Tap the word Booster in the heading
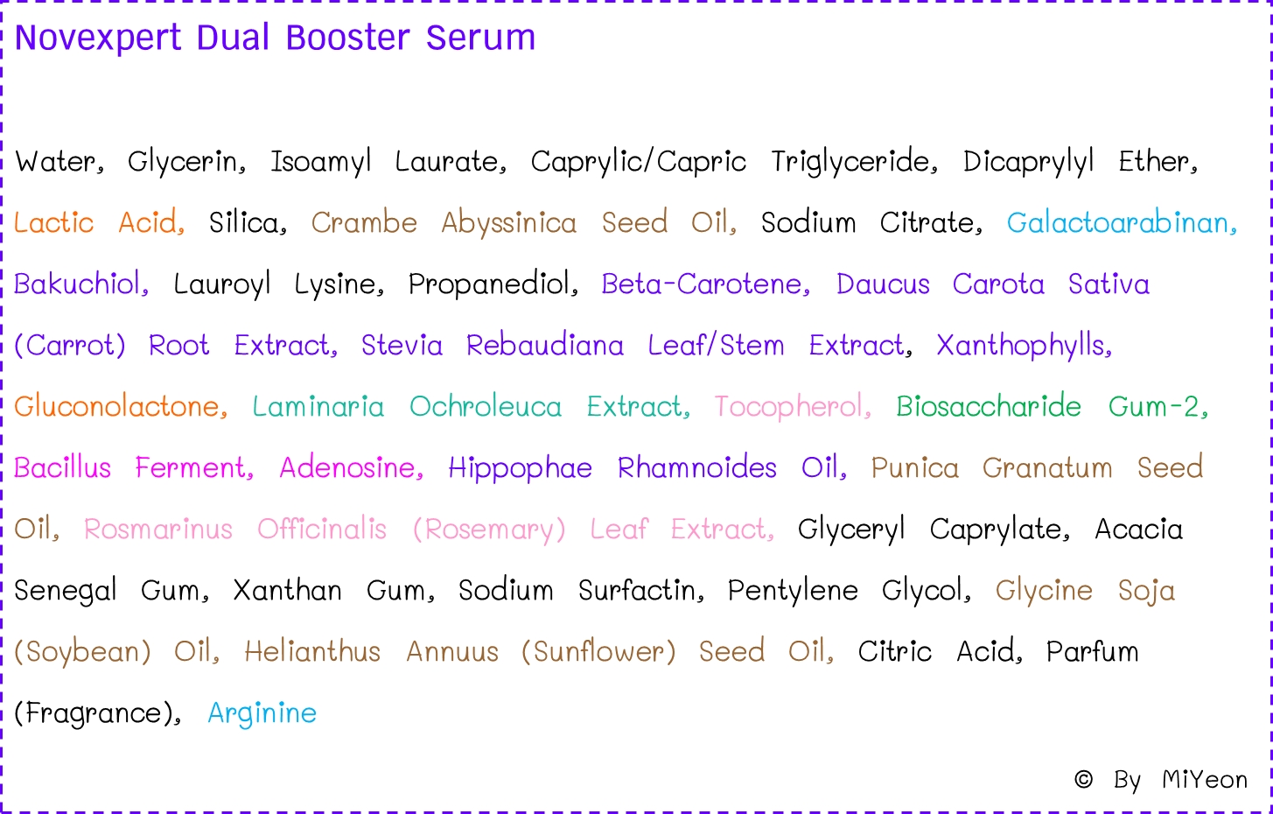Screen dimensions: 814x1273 (347, 39)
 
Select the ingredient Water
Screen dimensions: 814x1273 (59, 162)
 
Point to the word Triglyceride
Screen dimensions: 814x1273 (853, 162)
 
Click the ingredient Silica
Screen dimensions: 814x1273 (247, 223)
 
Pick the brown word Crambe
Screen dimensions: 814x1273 (364, 223)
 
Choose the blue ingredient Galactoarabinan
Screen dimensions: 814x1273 (1121, 223)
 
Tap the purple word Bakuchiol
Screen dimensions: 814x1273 (80, 284)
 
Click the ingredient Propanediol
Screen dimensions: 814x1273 (492, 284)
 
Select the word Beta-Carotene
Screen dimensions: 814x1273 (704, 284)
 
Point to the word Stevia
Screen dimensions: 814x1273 (402, 346)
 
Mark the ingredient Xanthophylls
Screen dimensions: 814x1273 (1023, 346)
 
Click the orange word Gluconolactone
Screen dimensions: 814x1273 (120, 407)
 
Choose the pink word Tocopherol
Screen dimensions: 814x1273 (791, 407)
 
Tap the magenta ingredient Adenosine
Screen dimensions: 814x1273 (351, 468)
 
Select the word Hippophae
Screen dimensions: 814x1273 (520, 468)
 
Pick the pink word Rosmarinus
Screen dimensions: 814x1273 (158, 530)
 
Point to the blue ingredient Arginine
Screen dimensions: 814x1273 (262, 713)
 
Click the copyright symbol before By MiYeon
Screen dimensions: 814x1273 (1083, 779)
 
